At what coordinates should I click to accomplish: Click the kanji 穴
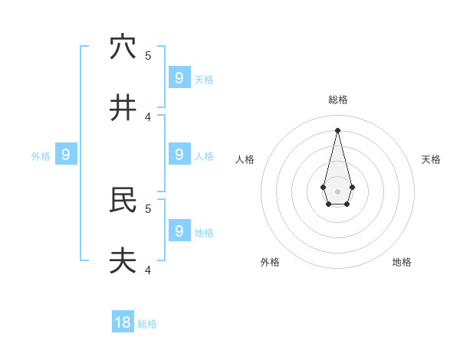(x=123, y=47)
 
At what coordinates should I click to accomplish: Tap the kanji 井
(x=123, y=108)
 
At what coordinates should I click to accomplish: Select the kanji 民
(x=123, y=200)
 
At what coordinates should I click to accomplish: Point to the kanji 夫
(x=123, y=261)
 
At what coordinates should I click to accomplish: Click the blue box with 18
(x=123, y=322)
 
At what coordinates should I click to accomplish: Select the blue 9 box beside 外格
(x=66, y=155)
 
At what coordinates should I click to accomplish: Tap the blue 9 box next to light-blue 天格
(x=179, y=77)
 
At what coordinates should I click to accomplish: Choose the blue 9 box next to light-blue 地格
(x=179, y=230)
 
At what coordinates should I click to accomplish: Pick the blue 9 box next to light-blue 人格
(x=179, y=154)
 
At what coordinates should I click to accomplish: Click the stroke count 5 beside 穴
(x=148, y=55)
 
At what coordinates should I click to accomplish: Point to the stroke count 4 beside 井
(x=148, y=116)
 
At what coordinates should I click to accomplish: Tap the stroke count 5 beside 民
(x=148, y=208)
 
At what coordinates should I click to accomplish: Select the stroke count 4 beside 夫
(x=148, y=270)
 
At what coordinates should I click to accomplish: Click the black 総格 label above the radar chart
(x=338, y=100)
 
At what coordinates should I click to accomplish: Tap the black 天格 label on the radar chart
(x=431, y=159)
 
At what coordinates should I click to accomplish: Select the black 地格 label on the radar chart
(x=402, y=262)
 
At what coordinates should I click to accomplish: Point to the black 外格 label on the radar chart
(x=270, y=262)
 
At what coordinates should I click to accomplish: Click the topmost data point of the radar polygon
(x=337, y=130)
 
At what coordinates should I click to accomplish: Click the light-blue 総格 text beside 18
(x=147, y=324)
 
